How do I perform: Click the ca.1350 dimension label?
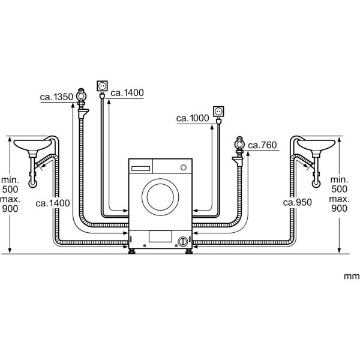point(58,96)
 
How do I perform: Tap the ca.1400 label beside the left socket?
point(128,92)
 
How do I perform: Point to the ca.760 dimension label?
point(262,145)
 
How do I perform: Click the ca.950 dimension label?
point(298,203)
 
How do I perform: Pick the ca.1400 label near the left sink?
point(52,203)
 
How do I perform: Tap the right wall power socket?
point(219,112)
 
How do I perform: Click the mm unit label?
point(351,277)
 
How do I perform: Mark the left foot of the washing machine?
point(133,249)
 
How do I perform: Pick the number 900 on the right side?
point(340,208)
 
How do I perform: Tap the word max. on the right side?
point(340,198)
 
